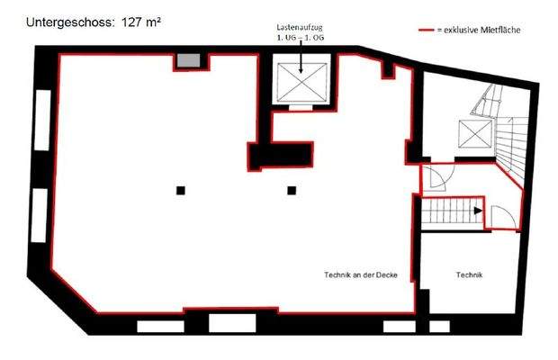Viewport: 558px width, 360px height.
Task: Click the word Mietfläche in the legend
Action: [500, 31]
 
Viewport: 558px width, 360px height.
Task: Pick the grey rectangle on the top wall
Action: [187, 60]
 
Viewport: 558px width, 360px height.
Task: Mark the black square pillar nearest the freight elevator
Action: [292, 190]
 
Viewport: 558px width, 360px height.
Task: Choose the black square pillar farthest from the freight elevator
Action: [180, 190]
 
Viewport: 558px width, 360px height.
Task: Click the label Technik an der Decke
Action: [361, 274]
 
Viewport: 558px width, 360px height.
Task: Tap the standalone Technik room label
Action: [470, 274]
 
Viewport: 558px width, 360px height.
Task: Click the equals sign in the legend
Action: [438, 31]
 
